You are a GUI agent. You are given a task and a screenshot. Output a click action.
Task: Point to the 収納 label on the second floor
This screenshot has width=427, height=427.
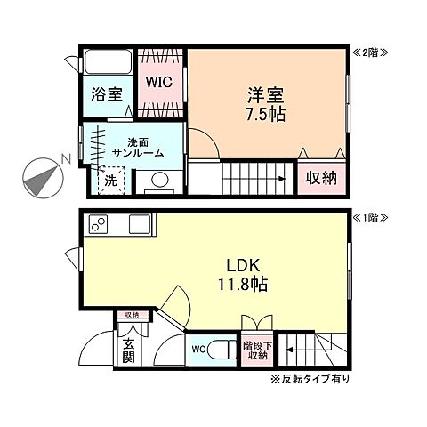pyautogui.click(x=322, y=178)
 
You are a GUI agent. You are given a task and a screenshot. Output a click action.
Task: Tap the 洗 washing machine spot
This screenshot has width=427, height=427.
pyautogui.click(x=110, y=178)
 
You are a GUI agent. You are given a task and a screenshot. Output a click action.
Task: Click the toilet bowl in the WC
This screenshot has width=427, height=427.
pyautogui.click(x=222, y=350)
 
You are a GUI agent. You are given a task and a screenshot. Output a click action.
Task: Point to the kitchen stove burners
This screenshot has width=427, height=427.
pyautogui.click(x=97, y=225)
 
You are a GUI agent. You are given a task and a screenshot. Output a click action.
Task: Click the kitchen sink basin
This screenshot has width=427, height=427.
pyautogui.click(x=137, y=225)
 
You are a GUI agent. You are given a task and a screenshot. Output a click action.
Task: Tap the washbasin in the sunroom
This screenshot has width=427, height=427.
pyautogui.click(x=160, y=181)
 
